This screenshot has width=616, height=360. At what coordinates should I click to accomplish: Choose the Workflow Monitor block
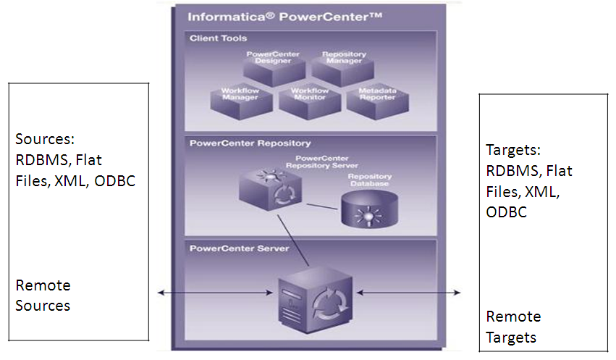click(x=309, y=101)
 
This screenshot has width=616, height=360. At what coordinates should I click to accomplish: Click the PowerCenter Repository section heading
click(x=250, y=143)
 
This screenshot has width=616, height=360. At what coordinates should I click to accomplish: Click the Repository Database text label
click(x=369, y=180)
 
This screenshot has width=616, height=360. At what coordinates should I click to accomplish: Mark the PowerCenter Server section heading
click(x=239, y=248)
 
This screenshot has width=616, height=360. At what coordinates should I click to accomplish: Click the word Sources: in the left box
click(x=46, y=138)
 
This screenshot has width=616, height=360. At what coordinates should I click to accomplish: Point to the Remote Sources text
click(x=43, y=296)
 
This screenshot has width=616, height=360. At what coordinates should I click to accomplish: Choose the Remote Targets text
click(x=513, y=327)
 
